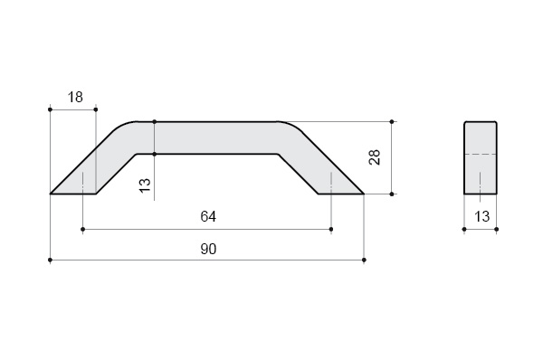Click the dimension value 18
click(75, 98)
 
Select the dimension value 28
click(375, 157)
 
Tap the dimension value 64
click(208, 216)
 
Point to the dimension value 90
click(208, 249)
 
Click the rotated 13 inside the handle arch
click(145, 185)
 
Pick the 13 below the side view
click(481, 217)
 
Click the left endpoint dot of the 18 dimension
click(50, 109)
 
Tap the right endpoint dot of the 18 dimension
click(96, 109)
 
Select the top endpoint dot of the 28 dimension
click(392, 122)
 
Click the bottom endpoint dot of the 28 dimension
click(392, 194)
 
